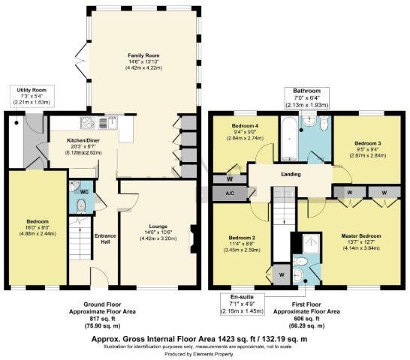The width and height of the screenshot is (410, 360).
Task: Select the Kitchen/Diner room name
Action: pyautogui.click(x=65, y=136)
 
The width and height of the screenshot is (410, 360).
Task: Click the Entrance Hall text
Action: pyautogui.click(x=104, y=238)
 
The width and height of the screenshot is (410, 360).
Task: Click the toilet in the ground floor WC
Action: pyautogui.click(x=83, y=202)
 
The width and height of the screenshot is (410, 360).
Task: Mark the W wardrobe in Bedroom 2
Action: pyautogui.click(x=280, y=274)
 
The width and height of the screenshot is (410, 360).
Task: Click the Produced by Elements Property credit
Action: pyautogui.click(x=205, y=353)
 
